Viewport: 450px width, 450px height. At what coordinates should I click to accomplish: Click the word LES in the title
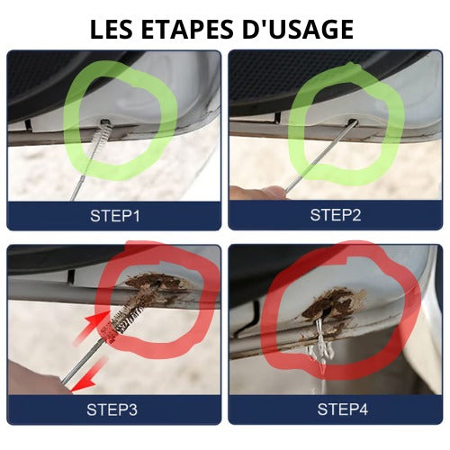(112, 30)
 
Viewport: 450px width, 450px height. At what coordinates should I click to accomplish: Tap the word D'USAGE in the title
(298, 30)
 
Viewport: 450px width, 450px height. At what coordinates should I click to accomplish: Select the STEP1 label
(115, 215)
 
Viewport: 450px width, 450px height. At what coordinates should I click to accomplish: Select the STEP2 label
(336, 215)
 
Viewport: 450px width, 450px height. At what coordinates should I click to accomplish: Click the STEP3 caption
(112, 409)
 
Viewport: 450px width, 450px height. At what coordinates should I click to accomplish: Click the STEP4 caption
(343, 409)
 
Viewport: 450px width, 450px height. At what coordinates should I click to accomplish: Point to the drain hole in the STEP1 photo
(104, 121)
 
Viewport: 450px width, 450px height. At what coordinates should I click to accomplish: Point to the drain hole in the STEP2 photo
(352, 122)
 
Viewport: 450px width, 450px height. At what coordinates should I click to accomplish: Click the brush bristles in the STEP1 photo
(98, 135)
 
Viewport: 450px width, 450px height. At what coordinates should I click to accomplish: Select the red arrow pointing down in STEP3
(88, 375)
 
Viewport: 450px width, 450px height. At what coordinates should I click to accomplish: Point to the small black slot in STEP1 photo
(28, 124)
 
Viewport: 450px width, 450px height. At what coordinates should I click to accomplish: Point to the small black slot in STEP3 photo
(71, 276)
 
